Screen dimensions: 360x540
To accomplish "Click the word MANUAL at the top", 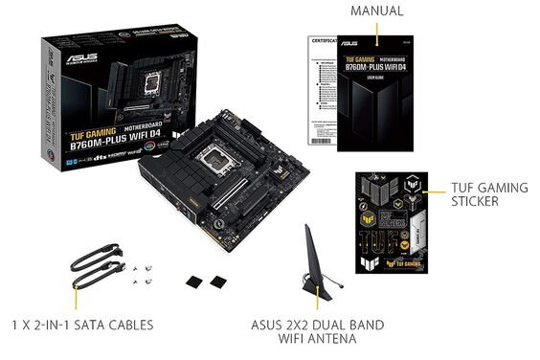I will pos(376,11).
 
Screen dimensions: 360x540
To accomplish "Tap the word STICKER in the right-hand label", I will pos(476,202).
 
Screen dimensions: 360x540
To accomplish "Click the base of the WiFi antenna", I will pos(316,288).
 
